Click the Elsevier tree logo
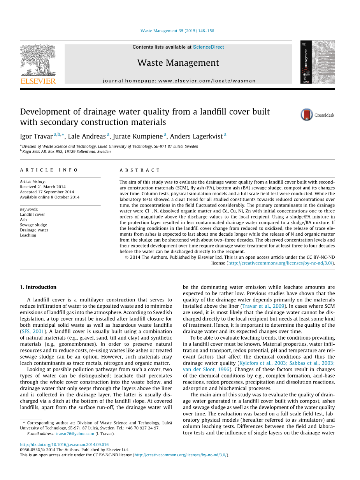pos(38,60)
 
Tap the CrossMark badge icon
pos(307,115)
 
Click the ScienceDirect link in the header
pos(208,47)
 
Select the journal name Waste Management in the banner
pos(178,63)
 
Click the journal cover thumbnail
pos(317,62)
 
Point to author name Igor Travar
pos(36,137)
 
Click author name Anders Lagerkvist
pos(196,137)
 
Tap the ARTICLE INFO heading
pos(49,170)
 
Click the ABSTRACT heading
pos(140,170)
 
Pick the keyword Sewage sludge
pos(33,225)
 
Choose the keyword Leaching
pos(28,235)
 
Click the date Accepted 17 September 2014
pos(47,192)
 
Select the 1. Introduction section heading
pos(38,287)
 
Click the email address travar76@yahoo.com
pos(75,434)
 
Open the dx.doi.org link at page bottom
pos(64,445)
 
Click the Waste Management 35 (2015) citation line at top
pos(177,31)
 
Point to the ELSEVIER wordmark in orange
pos(38,81)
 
